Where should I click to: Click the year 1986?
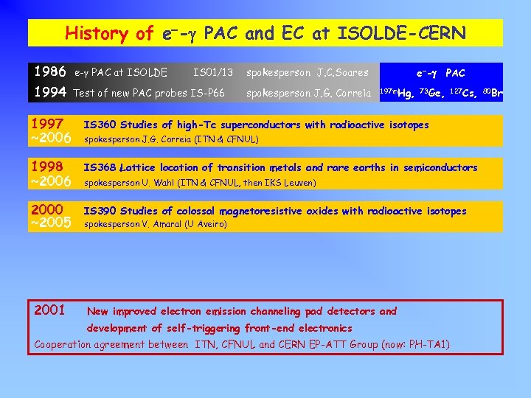(x=49, y=72)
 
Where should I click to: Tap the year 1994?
(x=49, y=92)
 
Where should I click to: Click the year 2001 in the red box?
(x=50, y=309)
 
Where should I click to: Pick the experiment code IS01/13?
(x=213, y=72)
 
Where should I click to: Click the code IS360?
(x=100, y=125)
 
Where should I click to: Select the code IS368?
(x=100, y=168)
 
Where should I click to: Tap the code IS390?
(x=100, y=211)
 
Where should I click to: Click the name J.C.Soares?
(x=342, y=72)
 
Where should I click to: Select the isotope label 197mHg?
(x=395, y=93)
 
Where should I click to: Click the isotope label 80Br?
(x=493, y=93)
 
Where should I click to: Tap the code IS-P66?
(x=207, y=93)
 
